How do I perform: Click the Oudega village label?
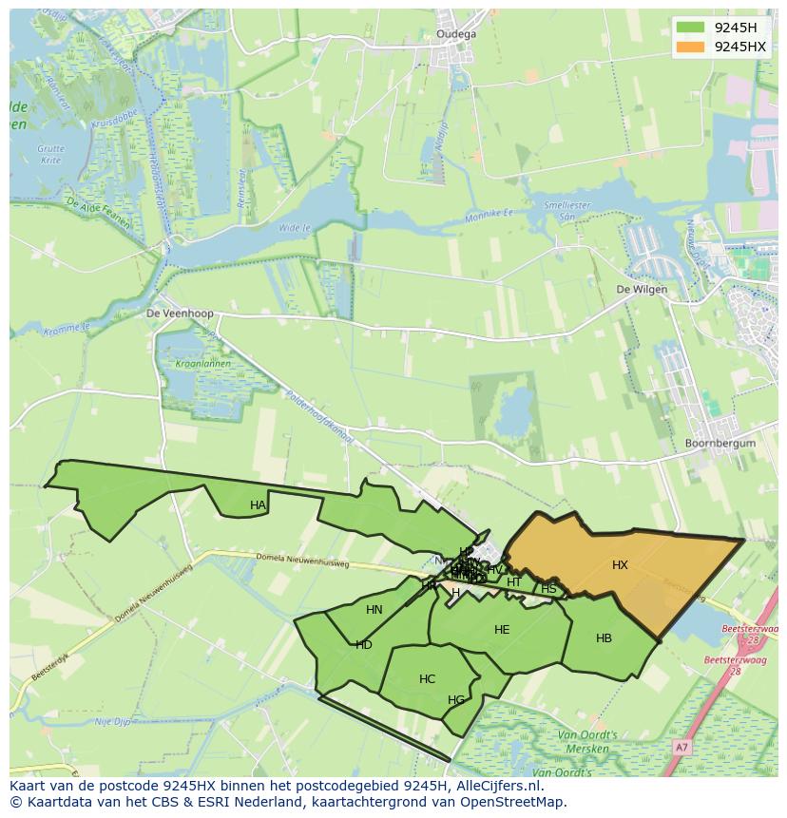click(455, 34)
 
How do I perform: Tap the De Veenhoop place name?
click(180, 313)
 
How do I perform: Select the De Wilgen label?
click(642, 289)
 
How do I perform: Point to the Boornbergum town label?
click(720, 443)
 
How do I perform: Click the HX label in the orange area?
click(620, 565)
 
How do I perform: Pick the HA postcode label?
click(258, 505)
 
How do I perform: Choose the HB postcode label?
click(604, 638)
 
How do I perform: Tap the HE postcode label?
click(502, 630)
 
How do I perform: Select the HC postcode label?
click(427, 679)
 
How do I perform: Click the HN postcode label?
click(374, 610)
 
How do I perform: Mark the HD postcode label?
click(364, 645)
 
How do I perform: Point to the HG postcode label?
click(456, 701)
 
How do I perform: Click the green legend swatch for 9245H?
click(691, 28)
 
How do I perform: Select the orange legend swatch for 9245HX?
click(691, 47)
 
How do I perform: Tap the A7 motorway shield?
click(681, 749)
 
